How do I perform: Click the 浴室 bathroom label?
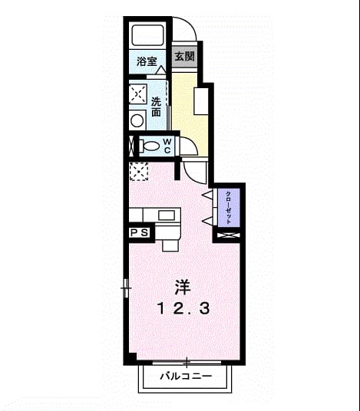[147, 61]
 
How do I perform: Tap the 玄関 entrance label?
[185, 56]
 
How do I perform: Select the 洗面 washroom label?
[156, 107]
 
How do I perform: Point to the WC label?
[167, 146]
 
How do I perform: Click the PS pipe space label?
[140, 232]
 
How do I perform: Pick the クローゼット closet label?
[229, 208]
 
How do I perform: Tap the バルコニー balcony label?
[186, 376]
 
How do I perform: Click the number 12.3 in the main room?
[183, 308]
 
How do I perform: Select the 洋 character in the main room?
[183, 288]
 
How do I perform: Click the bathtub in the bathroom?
[147, 35]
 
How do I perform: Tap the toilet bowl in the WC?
[149, 146]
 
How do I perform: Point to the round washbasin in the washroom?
[137, 120]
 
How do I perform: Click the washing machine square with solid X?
[137, 94]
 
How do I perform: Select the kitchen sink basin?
[167, 215]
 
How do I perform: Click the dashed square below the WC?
[139, 172]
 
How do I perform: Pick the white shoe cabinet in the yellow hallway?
[201, 101]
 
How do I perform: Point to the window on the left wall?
[126, 288]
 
